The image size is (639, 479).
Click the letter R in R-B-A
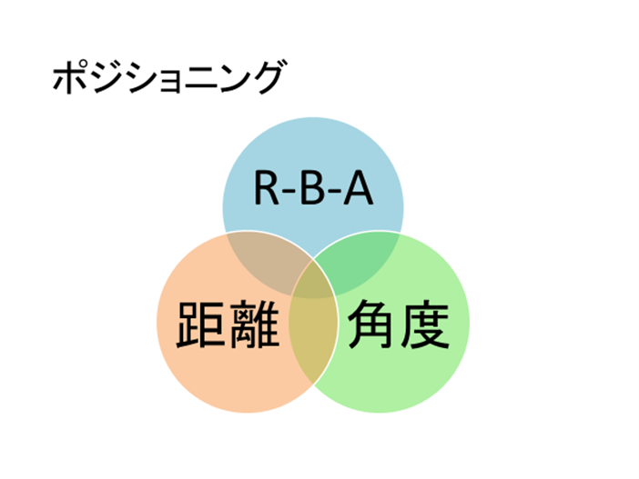pyautogui.click(x=267, y=188)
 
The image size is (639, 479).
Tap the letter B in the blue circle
pyautogui.click(x=314, y=188)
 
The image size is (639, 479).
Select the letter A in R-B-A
pyautogui.click(x=359, y=188)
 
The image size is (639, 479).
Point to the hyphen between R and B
pyautogui.click(x=289, y=192)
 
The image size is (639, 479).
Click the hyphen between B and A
pyautogui.click(x=334, y=192)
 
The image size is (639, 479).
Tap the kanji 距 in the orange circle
pyautogui.click(x=201, y=324)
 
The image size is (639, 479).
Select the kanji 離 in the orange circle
pyautogui.click(x=254, y=324)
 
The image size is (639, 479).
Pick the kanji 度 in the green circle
pyautogui.click(x=425, y=324)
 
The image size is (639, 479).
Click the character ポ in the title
pyautogui.click(x=70, y=76)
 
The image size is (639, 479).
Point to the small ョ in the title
pyautogui.click(x=167, y=82)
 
